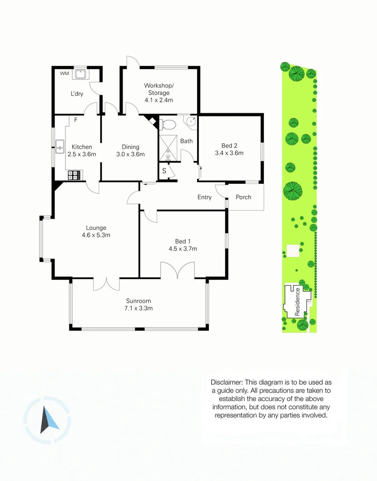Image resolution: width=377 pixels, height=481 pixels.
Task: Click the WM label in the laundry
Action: tap(64, 74)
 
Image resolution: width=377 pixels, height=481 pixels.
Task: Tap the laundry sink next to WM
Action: tap(81, 74)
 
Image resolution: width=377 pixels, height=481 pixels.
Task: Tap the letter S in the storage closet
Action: tap(164, 171)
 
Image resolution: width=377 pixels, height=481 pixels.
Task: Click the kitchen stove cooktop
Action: tap(75, 175)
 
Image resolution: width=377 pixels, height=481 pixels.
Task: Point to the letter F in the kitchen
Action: tap(75, 120)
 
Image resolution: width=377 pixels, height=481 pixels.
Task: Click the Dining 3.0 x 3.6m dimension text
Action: tap(130, 154)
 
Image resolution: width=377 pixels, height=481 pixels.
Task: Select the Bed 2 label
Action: tap(229, 146)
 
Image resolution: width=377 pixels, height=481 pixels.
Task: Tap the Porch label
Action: tap(243, 197)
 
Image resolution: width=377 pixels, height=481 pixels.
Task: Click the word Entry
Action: tap(204, 197)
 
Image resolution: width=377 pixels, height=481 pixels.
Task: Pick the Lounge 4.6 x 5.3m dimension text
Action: tap(96, 235)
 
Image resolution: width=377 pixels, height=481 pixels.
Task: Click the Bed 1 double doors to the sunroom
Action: tap(177, 270)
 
